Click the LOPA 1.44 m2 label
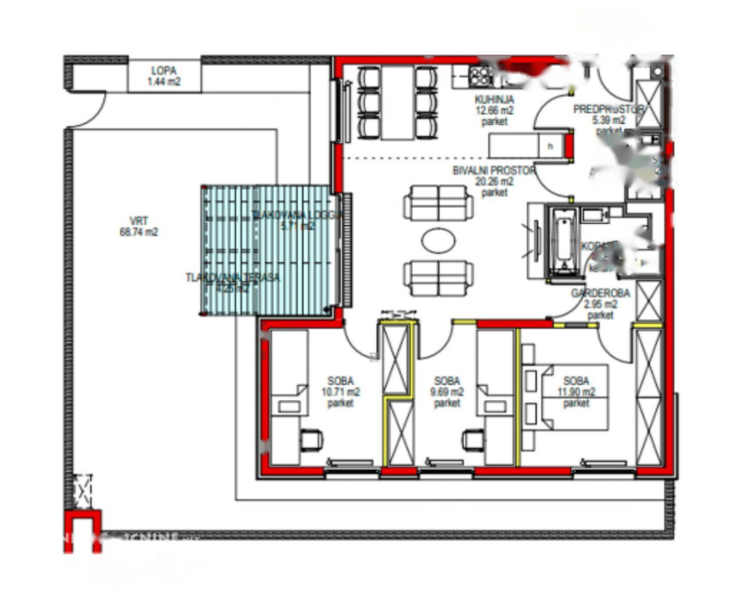coord(164,76)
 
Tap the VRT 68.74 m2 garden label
coord(139,227)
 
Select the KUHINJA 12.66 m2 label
coord(494,110)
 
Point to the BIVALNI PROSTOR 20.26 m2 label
coord(494,181)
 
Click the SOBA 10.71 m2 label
coord(341,392)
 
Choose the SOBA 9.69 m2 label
coord(447,392)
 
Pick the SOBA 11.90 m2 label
coord(576,392)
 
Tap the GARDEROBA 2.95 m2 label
coord(600,304)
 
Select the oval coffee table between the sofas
coord(439,240)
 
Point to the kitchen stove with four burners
coord(480,75)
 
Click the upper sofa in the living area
coord(439,203)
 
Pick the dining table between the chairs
coord(397,103)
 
